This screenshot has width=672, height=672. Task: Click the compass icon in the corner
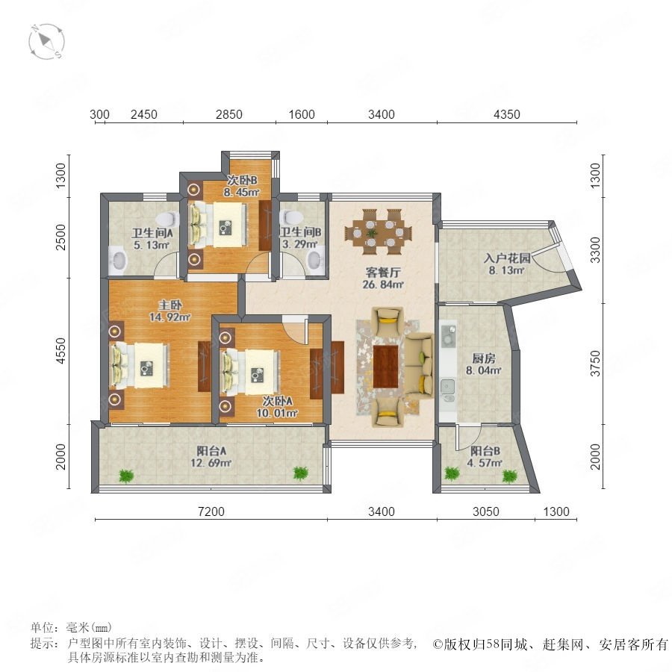46,42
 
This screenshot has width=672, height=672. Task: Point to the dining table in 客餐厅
378,234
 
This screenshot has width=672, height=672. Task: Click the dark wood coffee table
385,367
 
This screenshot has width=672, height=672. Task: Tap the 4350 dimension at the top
506,114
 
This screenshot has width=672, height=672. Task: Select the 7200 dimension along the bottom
211,511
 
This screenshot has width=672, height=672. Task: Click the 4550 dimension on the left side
61,352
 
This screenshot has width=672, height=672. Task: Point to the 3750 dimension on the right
596,364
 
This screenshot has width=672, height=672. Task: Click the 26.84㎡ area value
383,284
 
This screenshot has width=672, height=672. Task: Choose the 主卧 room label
170,305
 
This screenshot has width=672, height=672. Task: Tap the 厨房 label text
483,358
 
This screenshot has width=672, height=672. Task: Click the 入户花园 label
507,258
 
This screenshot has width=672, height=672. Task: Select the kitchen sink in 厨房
448,387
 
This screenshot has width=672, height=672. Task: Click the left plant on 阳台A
126,476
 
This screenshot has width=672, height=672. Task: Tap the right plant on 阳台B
509,476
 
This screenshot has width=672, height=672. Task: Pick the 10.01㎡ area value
277,413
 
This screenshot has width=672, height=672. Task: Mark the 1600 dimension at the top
302,114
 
